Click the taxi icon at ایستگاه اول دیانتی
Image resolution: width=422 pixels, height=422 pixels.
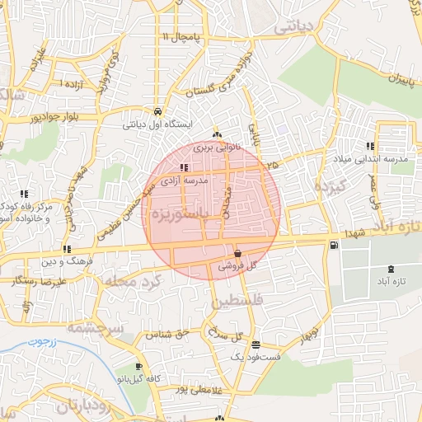click(157, 111)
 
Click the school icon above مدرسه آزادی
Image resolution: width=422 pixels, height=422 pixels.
click(183, 167)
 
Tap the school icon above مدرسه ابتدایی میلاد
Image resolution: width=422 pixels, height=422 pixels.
click(380, 145)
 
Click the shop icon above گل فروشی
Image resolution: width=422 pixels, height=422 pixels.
click(237, 253)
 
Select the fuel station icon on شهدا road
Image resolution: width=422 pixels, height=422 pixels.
click(333, 245)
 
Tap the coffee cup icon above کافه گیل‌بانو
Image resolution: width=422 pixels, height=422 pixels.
click(138, 367)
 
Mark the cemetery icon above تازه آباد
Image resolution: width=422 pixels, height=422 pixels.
click(390, 270)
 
